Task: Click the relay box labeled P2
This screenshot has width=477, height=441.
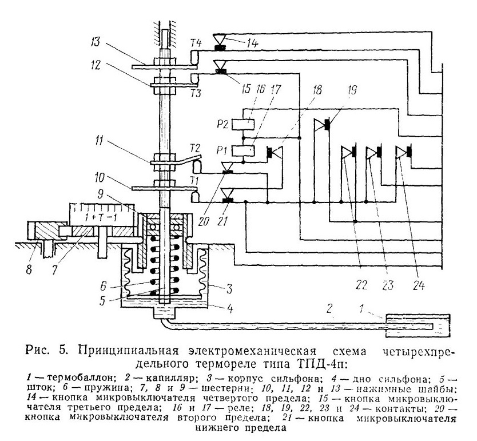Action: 243,124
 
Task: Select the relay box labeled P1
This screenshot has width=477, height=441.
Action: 243,150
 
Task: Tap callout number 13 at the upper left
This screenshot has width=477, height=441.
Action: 96,42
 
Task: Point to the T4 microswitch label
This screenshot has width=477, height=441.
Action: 196,43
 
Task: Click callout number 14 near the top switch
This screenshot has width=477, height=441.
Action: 252,43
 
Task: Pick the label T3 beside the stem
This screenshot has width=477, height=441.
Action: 196,93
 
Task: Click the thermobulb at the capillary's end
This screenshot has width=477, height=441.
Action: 418,325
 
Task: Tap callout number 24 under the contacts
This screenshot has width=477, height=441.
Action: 419,285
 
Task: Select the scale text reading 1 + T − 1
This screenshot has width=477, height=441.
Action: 101,218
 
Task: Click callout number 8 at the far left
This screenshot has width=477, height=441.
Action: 29,269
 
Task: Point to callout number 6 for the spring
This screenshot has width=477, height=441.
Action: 103,286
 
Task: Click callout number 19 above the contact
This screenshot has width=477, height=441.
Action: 352,90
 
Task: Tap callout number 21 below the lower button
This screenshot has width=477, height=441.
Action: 222,221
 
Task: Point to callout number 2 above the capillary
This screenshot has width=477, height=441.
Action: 330,309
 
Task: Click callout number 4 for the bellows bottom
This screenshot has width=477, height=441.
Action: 230,309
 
